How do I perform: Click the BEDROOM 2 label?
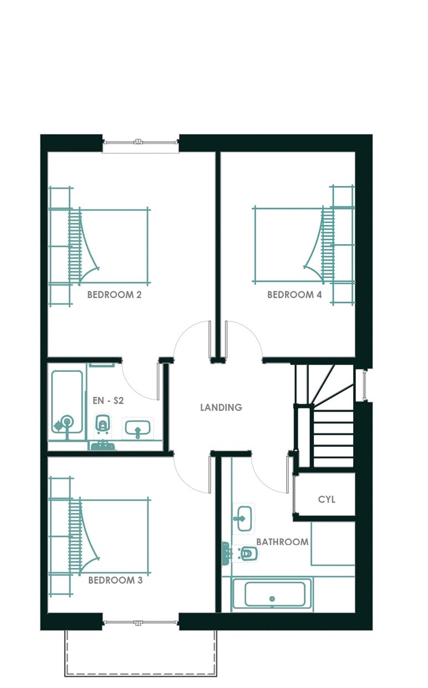[x=114, y=295]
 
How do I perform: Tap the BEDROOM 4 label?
[x=294, y=295]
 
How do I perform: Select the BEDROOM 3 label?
[x=115, y=580]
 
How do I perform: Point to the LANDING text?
[x=221, y=407]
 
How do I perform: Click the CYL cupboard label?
[x=327, y=499]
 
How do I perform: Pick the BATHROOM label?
[x=282, y=542]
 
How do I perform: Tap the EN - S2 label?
[x=108, y=401]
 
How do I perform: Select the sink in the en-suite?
[x=138, y=427]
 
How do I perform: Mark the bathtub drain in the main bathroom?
[x=272, y=599]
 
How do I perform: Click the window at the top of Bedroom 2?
[x=141, y=142]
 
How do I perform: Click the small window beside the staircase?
[x=364, y=385]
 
